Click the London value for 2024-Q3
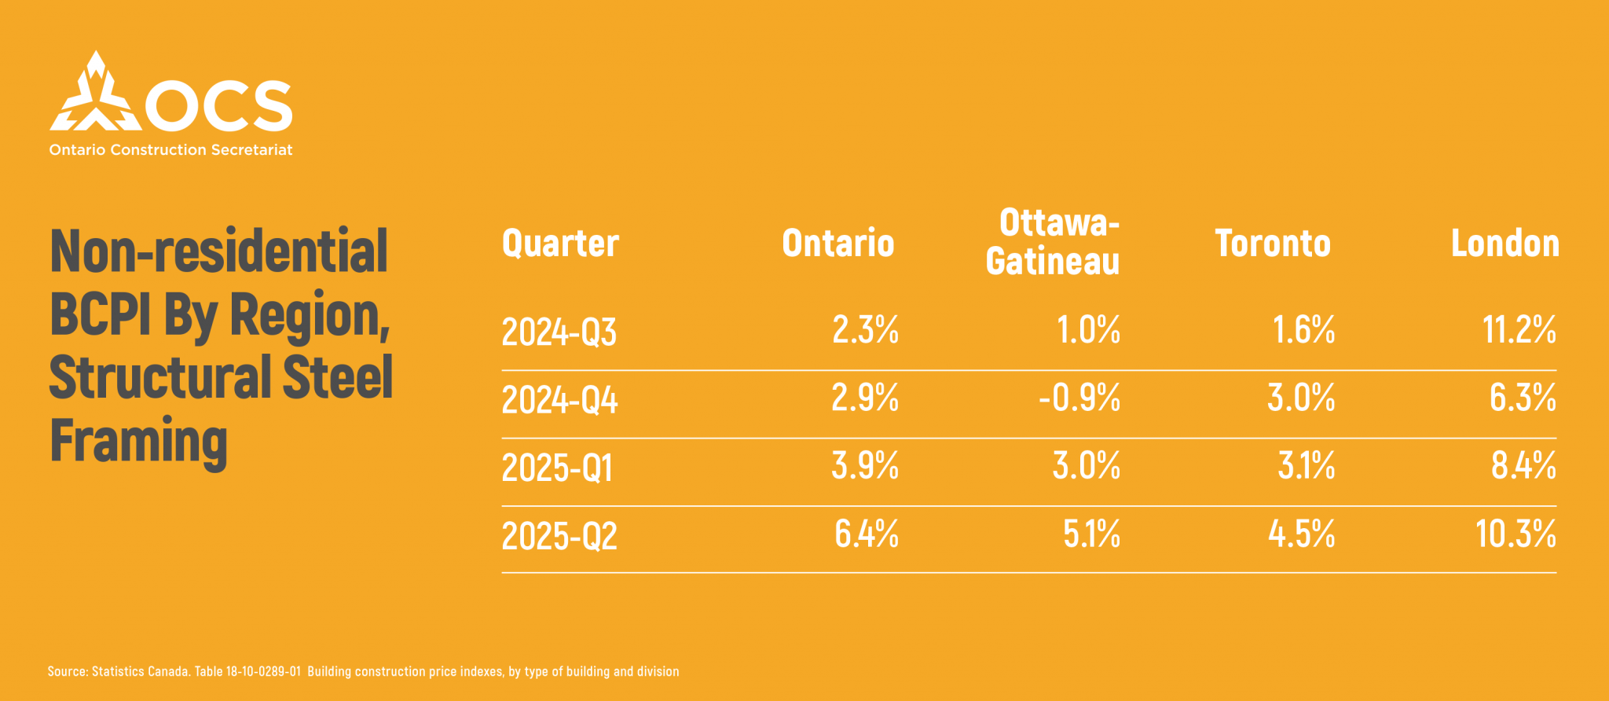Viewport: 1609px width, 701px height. click(1519, 330)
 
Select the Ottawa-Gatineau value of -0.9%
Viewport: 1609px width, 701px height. click(1079, 398)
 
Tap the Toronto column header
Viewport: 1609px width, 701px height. click(1273, 244)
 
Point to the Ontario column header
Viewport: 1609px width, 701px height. click(837, 244)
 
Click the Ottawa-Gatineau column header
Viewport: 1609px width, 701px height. click(1053, 242)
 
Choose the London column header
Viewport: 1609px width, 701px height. click(1505, 244)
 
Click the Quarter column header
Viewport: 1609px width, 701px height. click(560, 244)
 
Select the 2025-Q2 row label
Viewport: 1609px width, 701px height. click(559, 537)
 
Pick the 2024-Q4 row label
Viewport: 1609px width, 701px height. click(559, 400)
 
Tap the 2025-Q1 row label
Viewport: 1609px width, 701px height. click(557, 468)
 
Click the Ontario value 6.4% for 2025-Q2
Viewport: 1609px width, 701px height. click(866, 534)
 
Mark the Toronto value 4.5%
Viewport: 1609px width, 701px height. click(1301, 534)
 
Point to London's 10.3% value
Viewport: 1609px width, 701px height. click(1516, 534)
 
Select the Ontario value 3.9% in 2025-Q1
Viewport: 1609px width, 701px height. click(865, 466)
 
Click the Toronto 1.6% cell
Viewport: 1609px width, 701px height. click(1303, 330)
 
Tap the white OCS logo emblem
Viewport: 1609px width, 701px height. click(95, 94)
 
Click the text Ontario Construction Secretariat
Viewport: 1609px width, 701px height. click(170, 150)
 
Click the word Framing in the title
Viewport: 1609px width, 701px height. click(138, 442)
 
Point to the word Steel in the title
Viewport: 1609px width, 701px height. click(337, 378)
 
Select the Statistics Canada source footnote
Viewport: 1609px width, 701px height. click(363, 671)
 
